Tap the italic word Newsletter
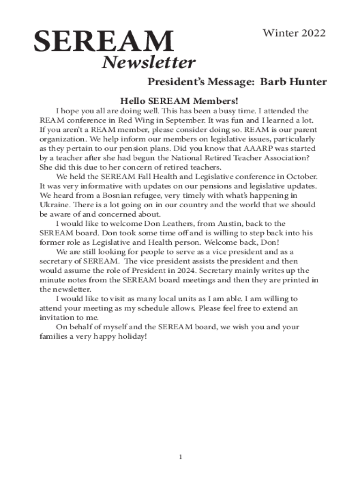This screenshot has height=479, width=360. [x=149, y=63]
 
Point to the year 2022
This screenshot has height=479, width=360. [x=311, y=33]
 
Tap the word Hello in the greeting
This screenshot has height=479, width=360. [x=133, y=101]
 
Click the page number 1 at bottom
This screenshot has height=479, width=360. [x=180, y=456]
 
